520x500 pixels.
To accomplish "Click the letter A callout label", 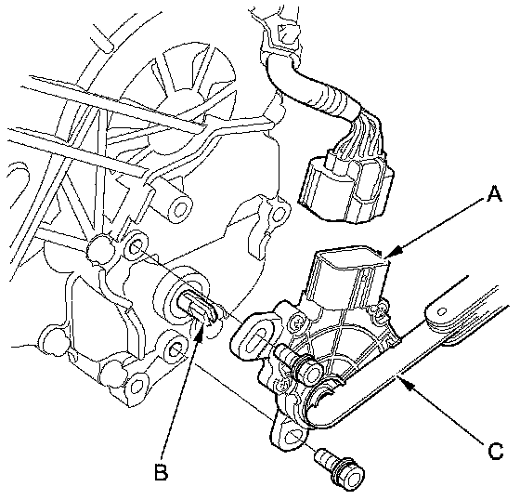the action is (494, 194).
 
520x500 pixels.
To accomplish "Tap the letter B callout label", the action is (162, 472).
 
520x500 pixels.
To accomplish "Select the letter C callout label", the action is (496, 452).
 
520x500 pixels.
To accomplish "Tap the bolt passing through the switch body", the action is (301, 364).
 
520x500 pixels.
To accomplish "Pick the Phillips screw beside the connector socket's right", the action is (379, 310).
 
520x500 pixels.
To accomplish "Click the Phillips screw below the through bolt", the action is (282, 386).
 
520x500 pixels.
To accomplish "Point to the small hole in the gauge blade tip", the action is (441, 311).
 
